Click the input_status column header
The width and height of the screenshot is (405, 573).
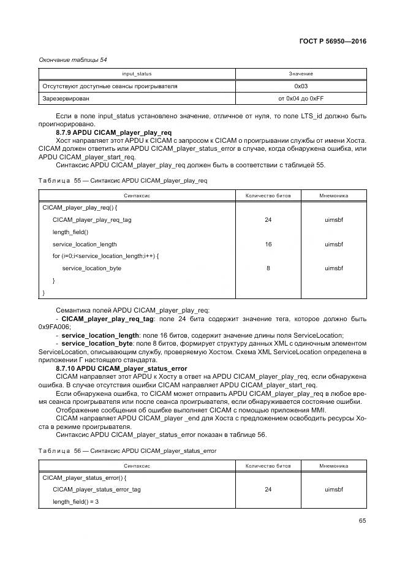tap(137, 74)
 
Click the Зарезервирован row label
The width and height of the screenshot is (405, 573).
tap(66, 98)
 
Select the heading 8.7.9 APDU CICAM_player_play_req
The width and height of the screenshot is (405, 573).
tap(113, 132)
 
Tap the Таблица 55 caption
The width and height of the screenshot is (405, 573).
tap(123, 181)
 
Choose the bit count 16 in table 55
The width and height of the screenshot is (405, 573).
tap(268, 244)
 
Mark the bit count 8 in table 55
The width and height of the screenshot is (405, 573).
tap(268, 268)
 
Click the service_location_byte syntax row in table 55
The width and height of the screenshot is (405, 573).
tap(92, 268)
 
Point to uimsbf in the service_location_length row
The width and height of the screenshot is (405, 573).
tap(333, 244)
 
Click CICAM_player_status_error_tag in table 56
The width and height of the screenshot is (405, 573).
tap(96, 490)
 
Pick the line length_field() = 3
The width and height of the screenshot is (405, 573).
tap(75, 501)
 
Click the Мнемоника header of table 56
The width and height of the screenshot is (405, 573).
tap(333, 466)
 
